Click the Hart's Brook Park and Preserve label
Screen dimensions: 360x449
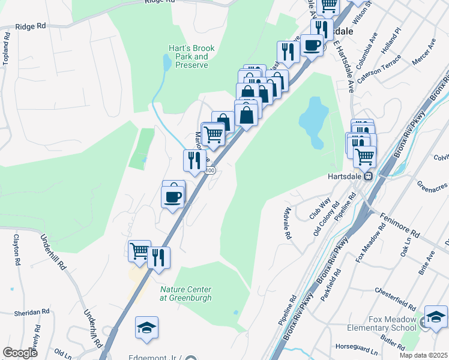tap(191, 56)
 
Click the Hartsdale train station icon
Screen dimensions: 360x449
tap(370, 176)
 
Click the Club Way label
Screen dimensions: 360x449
tap(320, 208)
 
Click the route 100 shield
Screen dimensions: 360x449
tap(209, 171)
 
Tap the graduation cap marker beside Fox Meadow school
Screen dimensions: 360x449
tap(436, 316)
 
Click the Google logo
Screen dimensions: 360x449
tap(20, 353)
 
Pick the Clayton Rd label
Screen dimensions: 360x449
tap(16, 250)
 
